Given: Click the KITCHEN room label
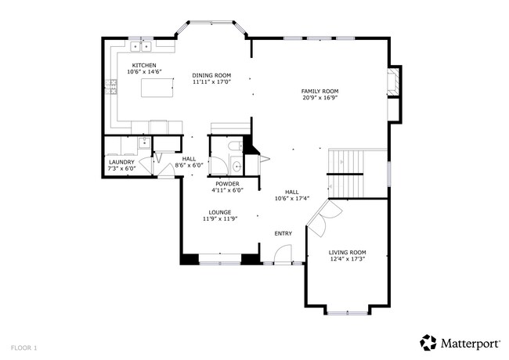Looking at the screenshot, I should (x=143, y=65).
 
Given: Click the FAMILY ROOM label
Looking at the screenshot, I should (x=319, y=92).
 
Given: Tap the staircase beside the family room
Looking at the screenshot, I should (x=346, y=172).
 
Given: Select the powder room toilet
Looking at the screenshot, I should (x=233, y=146).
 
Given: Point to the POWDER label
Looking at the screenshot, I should (x=227, y=183).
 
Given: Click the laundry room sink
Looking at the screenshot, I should (x=144, y=142).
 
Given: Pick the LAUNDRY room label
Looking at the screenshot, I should (x=121, y=162).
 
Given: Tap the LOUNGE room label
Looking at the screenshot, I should (x=219, y=212).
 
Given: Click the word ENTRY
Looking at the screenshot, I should (x=283, y=233).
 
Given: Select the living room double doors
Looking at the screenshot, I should (x=321, y=217).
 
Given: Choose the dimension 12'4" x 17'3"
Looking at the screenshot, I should (x=346, y=258).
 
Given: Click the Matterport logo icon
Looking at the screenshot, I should (x=428, y=342).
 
